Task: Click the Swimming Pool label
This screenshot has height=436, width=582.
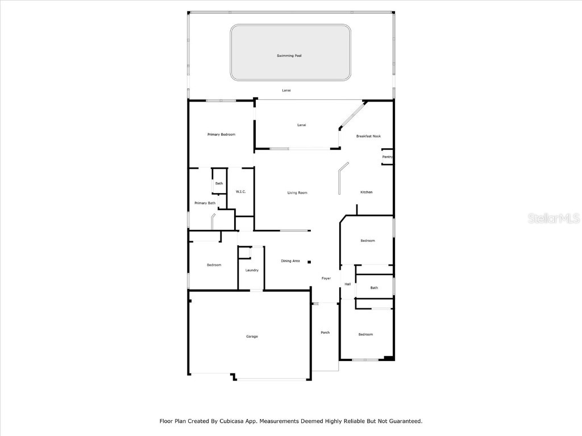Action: pos(289,56)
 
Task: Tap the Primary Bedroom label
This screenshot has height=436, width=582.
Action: pos(221,135)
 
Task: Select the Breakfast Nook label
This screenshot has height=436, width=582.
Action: pos(368,136)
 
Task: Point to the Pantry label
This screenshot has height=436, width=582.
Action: pos(388,157)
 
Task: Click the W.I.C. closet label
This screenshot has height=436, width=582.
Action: pos(240,192)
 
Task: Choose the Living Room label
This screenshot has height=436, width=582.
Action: pos(297,193)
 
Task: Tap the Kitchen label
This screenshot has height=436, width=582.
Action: pos(367,192)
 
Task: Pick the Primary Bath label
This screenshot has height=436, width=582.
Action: pos(205,203)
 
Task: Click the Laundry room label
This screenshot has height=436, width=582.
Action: pos(252,270)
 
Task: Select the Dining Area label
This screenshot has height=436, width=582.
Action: pos(290,261)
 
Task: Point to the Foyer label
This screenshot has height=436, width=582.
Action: pos(326,278)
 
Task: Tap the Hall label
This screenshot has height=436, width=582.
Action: pos(347,284)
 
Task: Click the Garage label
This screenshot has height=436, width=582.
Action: pos(252,337)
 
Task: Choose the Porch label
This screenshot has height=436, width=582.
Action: pos(325,333)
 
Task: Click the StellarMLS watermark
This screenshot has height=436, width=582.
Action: pos(554,219)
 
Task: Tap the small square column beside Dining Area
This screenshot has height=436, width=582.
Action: pos(309,262)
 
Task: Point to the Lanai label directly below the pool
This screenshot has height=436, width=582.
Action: pos(286,90)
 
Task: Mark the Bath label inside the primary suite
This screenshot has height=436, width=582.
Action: pos(219,183)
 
